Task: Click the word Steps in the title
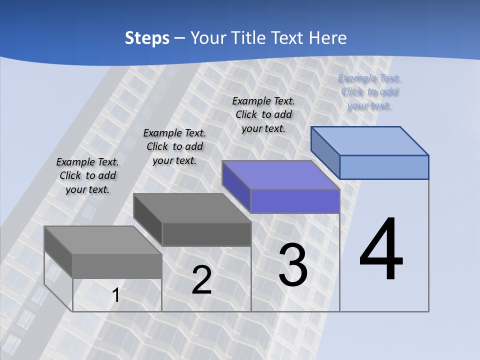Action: pos(147,38)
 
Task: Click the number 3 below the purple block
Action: pos(293,265)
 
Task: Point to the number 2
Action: pos(201,280)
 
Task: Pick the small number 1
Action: pos(116,295)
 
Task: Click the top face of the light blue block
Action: pos(370,140)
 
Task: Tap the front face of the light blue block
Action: pos(384,167)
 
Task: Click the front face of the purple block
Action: pos(295,201)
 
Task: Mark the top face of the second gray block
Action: pos(192,207)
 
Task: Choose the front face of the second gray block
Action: pos(206,234)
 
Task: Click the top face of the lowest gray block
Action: pos(103,240)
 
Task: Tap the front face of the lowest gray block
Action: pos(117,266)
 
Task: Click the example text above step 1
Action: pos(87,175)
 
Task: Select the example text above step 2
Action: pos(174,146)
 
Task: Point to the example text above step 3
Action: pos(263,114)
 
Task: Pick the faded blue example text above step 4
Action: pos(369,91)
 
